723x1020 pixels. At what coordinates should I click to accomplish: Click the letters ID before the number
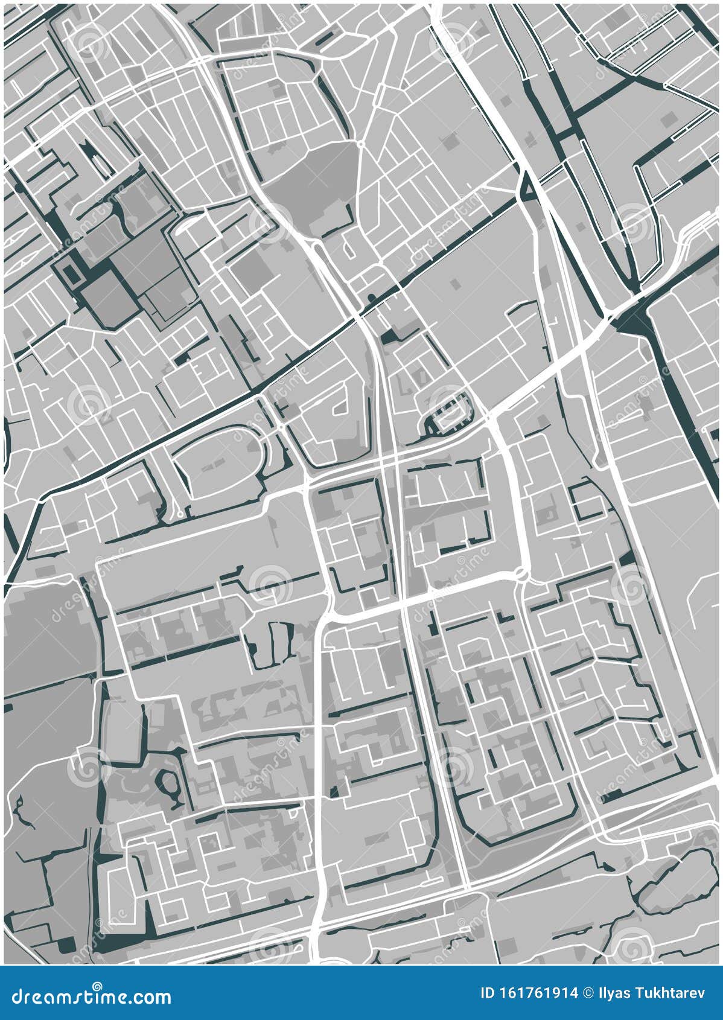click(x=488, y=992)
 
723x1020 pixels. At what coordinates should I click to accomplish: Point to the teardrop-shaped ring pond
click(x=166, y=784)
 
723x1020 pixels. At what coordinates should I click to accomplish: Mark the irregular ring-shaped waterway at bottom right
click(x=667, y=878)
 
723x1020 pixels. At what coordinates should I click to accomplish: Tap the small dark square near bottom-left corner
click(x=66, y=945)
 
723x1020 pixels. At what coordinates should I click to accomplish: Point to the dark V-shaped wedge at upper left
click(x=88, y=151)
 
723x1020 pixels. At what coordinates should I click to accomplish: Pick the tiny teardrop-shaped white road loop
click(x=348, y=245)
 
